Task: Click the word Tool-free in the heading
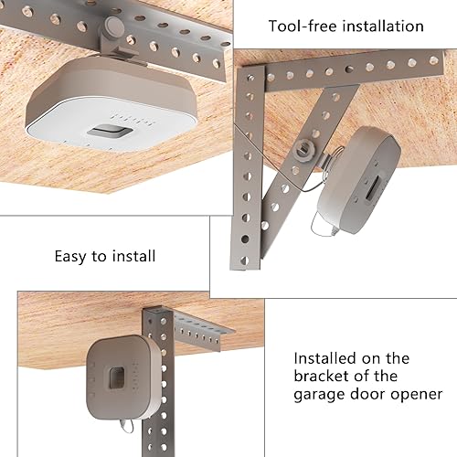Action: pyautogui.click(x=300, y=27)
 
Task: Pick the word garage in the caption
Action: pyautogui.click(x=321, y=395)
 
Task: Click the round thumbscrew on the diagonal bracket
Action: pyautogui.click(x=303, y=147)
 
